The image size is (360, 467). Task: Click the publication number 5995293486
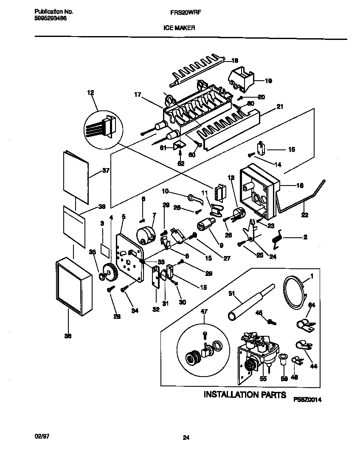[49, 19]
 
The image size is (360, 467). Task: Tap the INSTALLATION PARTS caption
[245, 394]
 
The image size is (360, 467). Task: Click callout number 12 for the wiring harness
[91, 93]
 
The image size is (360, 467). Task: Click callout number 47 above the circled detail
[204, 312]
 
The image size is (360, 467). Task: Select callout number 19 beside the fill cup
[268, 81]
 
